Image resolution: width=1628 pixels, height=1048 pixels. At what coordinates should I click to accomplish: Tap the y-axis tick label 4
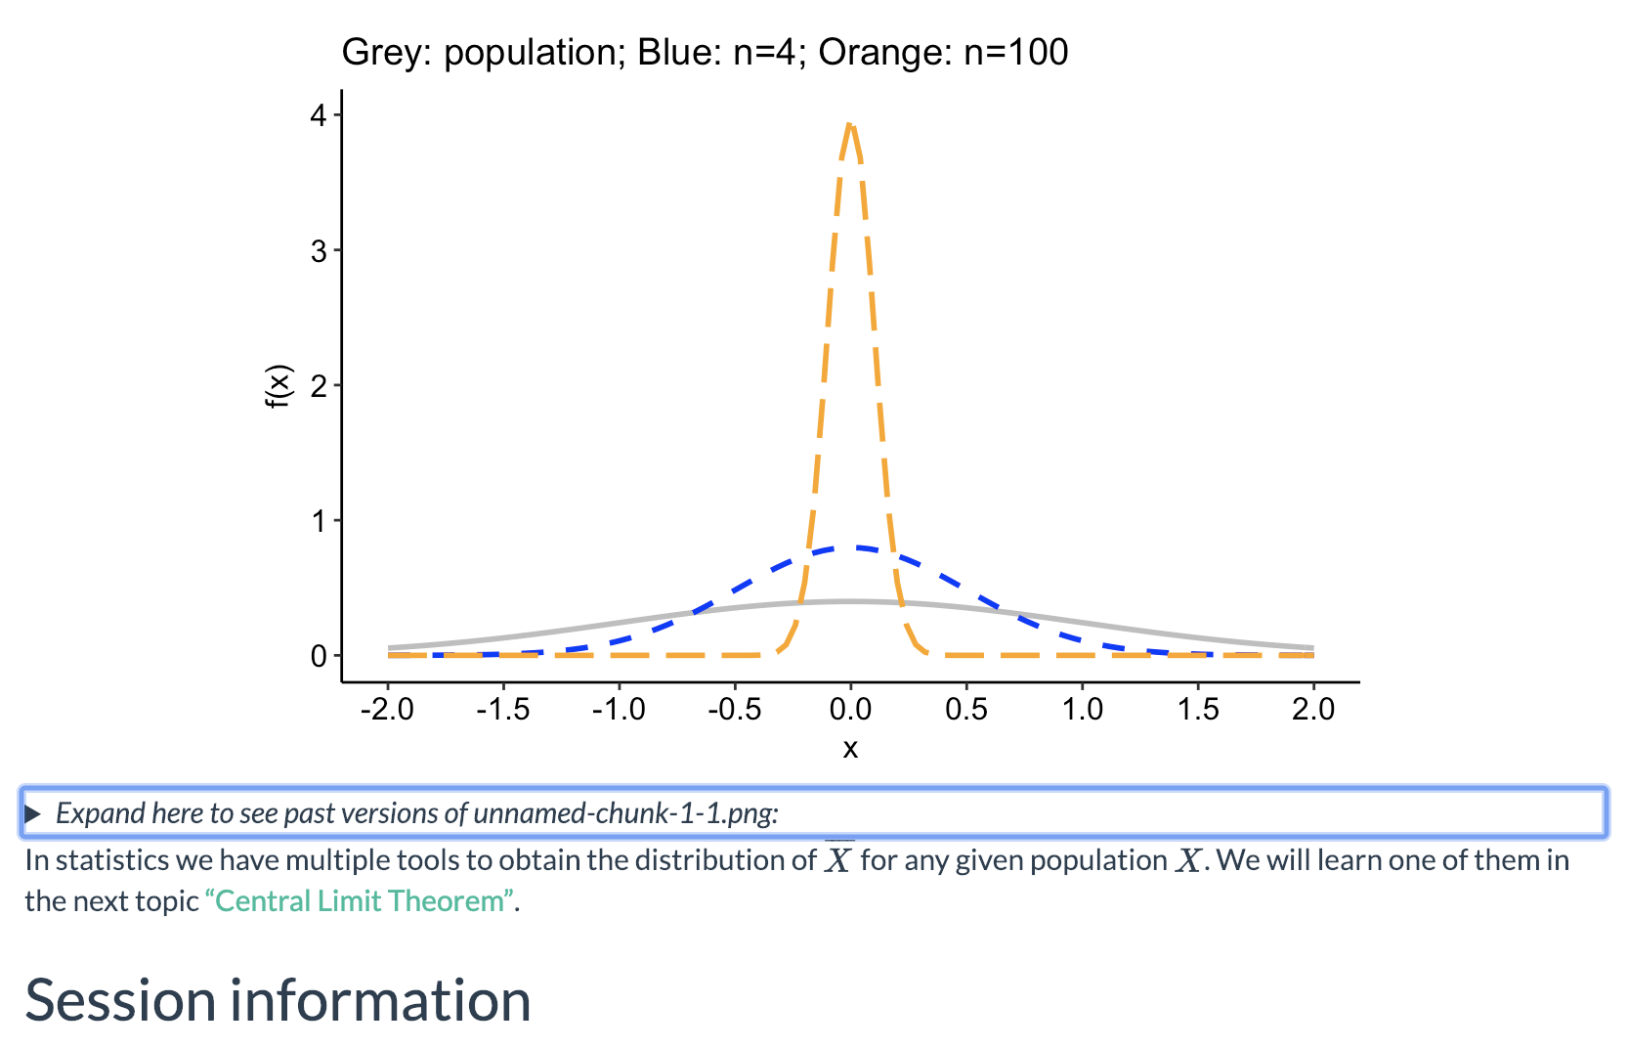(319, 115)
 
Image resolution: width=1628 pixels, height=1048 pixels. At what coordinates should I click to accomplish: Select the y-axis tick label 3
(319, 250)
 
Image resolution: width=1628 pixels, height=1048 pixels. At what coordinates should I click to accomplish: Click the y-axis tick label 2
(319, 385)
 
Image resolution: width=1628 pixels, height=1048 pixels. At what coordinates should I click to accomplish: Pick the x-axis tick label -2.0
(387, 710)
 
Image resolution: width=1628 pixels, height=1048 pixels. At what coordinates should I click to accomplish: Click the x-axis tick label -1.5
(502, 710)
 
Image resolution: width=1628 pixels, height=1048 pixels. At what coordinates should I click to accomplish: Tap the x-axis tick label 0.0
(850, 710)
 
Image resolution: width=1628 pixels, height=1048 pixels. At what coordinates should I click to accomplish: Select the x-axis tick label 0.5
(966, 710)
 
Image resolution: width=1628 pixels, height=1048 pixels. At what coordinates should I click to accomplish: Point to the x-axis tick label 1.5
(1198, 710)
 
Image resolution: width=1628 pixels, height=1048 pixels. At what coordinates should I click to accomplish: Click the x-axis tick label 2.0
(1313, 710)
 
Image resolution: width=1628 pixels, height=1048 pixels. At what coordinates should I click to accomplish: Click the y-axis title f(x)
(279, 386)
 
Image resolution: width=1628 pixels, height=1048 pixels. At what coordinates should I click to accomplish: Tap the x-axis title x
(850, 749)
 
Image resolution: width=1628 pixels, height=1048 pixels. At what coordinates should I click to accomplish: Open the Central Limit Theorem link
(360, 900)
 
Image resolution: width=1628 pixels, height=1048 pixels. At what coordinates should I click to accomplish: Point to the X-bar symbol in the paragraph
(838, 860)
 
